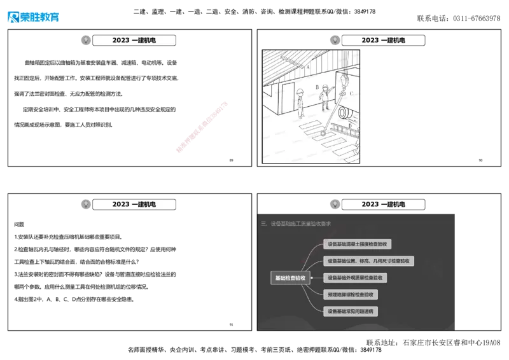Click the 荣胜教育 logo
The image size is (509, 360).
pos(33,17)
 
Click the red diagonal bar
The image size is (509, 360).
pos(201,127)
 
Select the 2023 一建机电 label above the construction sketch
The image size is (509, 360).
pos(383,41)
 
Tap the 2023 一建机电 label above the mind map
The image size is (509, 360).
pos(383,204)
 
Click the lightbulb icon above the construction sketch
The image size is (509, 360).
pos(332,41)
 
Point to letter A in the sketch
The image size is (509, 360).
pos(308,66)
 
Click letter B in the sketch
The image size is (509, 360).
pos(317,86)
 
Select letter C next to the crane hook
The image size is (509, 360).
pos(351,93)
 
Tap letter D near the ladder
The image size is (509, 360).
pos(350,126)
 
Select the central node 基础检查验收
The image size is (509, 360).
pos(290,278)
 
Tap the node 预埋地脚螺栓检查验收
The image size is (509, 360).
pos(351,294)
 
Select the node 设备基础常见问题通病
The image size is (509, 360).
pos(351,312)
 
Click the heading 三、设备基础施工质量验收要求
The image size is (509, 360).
pos(296,224)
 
